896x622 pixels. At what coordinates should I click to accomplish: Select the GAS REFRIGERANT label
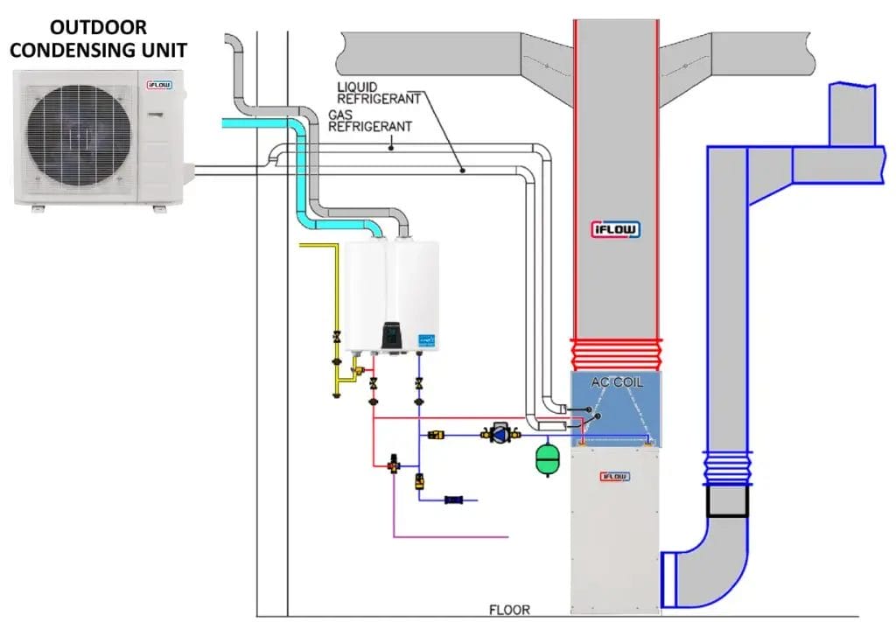tap(368, 120)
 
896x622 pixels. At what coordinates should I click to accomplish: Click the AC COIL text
tap(615, 381)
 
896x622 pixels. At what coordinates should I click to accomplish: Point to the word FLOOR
tap(510, 609)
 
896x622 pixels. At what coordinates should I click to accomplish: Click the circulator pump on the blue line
tap(500, 433)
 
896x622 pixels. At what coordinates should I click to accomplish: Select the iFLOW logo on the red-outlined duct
tap(616, 229)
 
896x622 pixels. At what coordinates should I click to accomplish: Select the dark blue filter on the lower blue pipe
tap(454, 500)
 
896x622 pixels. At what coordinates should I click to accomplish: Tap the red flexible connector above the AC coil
tap(615, 353)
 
